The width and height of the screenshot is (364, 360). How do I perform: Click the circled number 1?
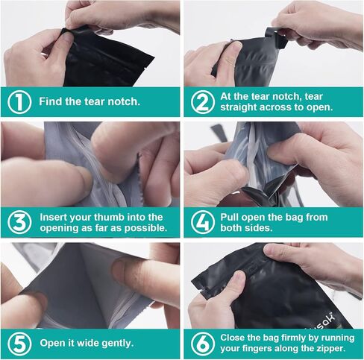click(x=19, y=102)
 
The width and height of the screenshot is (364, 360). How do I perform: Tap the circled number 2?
click(x=203, y=102)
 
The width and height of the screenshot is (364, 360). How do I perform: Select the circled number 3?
click(x=19, y=222)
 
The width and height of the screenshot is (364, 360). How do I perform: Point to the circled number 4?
click(x=203, y=222)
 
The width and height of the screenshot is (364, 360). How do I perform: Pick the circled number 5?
click(x=19, y=344)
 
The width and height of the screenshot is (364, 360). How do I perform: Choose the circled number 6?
click(x=203, y=344)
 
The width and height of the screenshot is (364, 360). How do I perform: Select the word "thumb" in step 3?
click(x=110, y=217)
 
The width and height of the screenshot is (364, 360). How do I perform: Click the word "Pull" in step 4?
click(x=229, y=217)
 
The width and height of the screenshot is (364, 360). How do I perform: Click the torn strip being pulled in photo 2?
click(x=275, y=38)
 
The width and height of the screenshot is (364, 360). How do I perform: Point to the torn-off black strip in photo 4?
click(x=219, y=133)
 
